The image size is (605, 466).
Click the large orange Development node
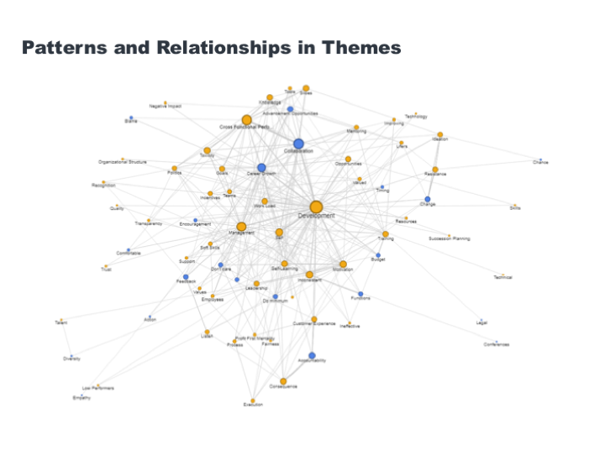[x=316, y=207]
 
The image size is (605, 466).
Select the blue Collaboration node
[x=298, y=144]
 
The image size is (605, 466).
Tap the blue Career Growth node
[x=261, y=168]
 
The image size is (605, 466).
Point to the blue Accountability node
[x=312, y=355]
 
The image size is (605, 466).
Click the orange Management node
[x=241, y=227]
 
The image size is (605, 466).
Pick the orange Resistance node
[x=435, y=169]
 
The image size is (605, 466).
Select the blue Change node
[x=428, y=199]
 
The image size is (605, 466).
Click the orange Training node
[x=386, y=234]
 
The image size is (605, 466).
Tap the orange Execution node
[x=253, y=400]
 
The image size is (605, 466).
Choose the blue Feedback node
[x=186, y=276]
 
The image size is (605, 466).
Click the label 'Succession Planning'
[x=449, y=239]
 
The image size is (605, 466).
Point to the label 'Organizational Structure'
[x=123, y=161]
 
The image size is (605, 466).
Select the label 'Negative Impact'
[x=166, y=107]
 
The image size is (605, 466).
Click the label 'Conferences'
[x=497, y=344]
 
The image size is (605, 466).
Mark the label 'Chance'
[x=540, y=162]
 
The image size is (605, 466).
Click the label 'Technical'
[x=502, y=277]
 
